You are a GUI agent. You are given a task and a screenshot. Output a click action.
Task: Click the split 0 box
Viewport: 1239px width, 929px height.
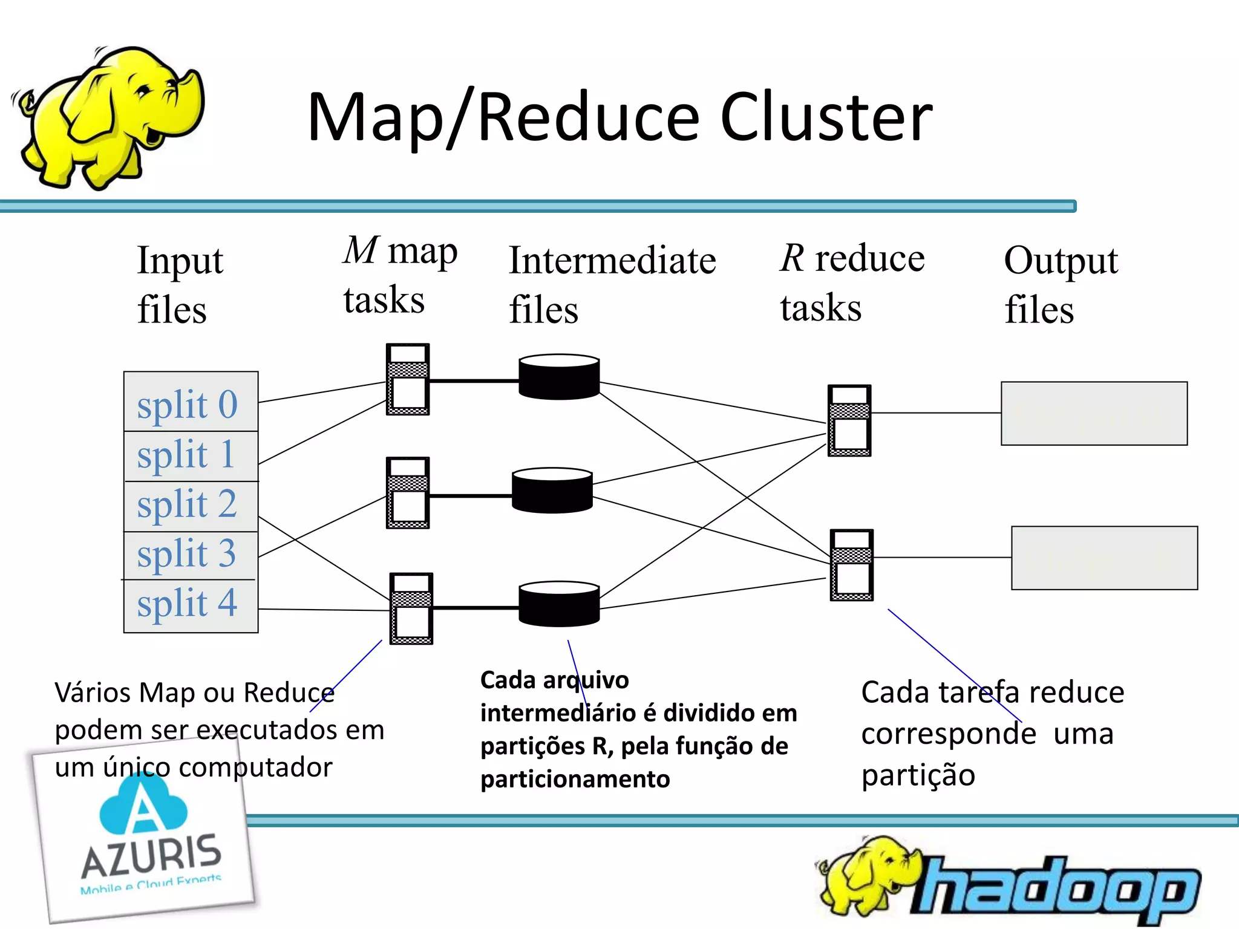191,402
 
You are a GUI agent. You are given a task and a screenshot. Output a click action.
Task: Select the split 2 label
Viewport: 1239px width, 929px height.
186,504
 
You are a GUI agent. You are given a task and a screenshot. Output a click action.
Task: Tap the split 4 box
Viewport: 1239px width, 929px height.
191,605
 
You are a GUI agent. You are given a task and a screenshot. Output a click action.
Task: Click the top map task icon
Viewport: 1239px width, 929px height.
408,379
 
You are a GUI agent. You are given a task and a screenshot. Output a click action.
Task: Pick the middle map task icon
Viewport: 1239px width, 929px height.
408,492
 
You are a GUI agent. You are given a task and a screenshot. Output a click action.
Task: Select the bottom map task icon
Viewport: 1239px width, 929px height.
411,608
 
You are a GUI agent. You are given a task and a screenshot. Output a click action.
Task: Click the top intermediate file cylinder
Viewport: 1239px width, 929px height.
559,377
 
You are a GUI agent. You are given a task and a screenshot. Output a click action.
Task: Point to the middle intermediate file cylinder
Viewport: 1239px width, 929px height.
552,490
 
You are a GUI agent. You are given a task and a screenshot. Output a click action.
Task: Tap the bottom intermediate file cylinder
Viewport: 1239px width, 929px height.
559,604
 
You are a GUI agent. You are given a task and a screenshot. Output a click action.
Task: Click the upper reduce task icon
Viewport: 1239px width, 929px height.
849,420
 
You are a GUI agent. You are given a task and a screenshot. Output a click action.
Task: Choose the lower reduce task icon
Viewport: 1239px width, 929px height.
852,565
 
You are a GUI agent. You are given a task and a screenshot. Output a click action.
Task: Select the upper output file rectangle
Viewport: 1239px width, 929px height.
1094,414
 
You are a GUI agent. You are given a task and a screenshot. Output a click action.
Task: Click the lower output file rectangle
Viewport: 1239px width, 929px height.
1104,558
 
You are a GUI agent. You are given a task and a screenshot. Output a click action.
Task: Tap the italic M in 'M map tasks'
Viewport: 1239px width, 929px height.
361,250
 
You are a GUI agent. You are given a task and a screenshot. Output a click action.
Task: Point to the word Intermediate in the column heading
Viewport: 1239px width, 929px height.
612,261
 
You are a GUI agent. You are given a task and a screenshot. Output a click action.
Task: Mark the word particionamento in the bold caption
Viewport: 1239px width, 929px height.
575,779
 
